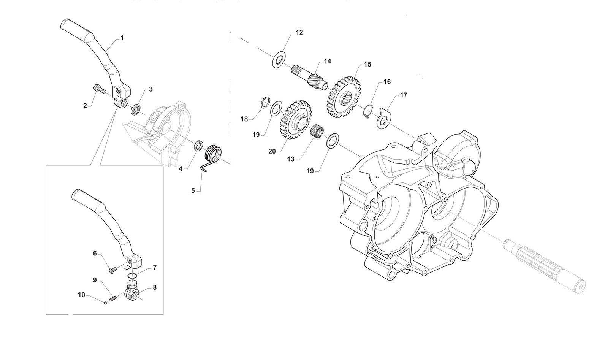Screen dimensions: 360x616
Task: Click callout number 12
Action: pyautogui.click(x=299, y=32)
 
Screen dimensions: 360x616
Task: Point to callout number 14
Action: pyautogui.click(x=327, y=61)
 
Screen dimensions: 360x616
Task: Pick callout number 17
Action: pyautogui.click(x=404, y=95)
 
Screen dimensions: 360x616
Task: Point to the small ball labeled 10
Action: pyautogui.click(x=105, y=303)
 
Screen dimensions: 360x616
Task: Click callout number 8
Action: pyautogui.click(x=155, y=288)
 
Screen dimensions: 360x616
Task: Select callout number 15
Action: pyautogui.click(x=367, y=64)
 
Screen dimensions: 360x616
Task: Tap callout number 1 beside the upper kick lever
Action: pyautogui.click(x=122, y=38)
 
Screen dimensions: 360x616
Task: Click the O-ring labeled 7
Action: pyautogui.click(x=133, y=275)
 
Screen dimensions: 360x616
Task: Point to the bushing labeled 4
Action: pyautogui.click(x=198, y=146)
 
